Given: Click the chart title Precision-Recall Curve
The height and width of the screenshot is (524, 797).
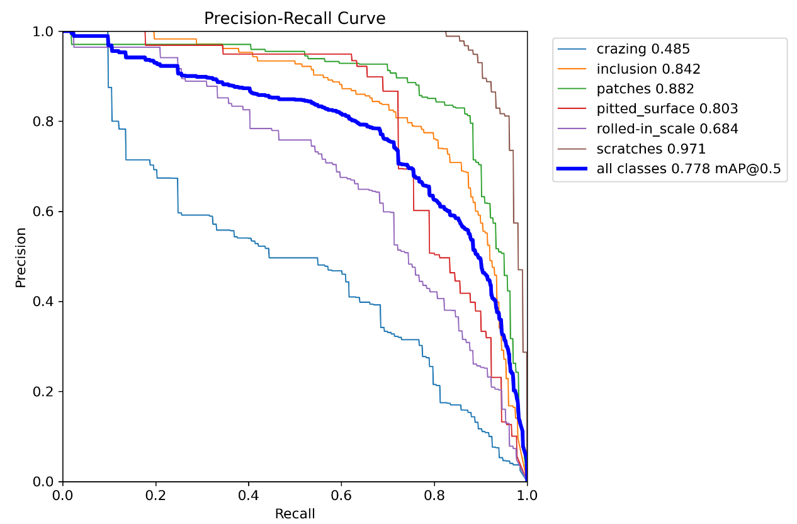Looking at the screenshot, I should click(x=295, y=19).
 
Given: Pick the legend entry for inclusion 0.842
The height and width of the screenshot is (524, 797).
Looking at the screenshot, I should click(x=648, y=69).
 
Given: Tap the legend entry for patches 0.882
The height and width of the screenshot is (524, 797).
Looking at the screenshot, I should click(x=645, y=89).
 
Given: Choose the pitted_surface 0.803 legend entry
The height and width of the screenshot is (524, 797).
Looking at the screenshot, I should click(x=667, y=109).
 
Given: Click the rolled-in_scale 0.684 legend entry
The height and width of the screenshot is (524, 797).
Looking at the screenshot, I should click(x=667, y=129).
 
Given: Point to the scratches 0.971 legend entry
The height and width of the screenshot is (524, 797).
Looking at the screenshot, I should click(x=651, y=149).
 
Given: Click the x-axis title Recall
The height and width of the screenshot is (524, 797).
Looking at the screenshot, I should click(x=295, y=513).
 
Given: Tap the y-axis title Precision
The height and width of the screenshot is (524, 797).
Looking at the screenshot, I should click(x=21, y=257).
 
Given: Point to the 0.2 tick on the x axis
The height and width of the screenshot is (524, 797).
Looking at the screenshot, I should click(x=155, y=496).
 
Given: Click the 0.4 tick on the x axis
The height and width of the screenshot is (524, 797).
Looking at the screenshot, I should click(x=249, y=496).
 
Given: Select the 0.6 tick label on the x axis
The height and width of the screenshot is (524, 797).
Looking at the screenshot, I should click(x=341, y=496).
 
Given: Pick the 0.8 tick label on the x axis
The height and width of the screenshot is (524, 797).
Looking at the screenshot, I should click(x=434, y=496).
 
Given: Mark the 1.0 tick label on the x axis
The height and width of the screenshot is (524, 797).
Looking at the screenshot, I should click(x=527, y=496).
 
